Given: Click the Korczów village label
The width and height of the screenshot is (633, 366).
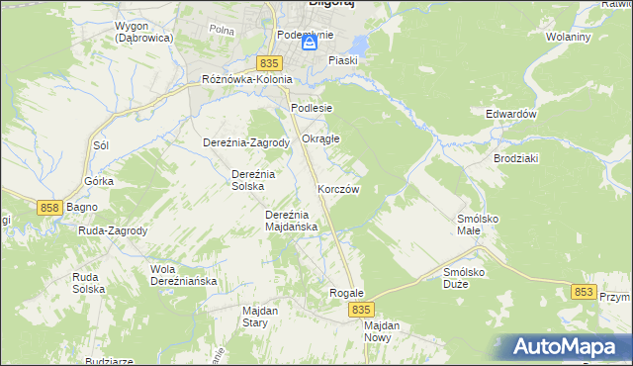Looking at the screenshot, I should [x=338, y=189].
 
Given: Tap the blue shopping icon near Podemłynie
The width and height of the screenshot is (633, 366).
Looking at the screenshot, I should [x=310, y=45].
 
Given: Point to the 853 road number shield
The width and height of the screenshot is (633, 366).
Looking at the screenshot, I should [x=584, y=292].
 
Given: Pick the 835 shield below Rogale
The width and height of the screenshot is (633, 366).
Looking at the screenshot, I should [x=361, y=310].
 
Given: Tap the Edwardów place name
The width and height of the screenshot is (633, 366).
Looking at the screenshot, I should [x=510, y=114].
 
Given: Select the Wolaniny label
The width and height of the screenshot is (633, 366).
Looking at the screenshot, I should [x=568, y=38].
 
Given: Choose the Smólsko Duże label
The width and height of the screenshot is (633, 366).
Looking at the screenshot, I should [x=469, y=277].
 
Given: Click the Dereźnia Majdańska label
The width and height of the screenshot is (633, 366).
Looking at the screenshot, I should [x=291, y=221].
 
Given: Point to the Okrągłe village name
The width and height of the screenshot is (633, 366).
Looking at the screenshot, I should [x=320, y=138].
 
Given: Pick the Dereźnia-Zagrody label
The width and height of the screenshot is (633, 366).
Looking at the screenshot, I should [x=245, y=142].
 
